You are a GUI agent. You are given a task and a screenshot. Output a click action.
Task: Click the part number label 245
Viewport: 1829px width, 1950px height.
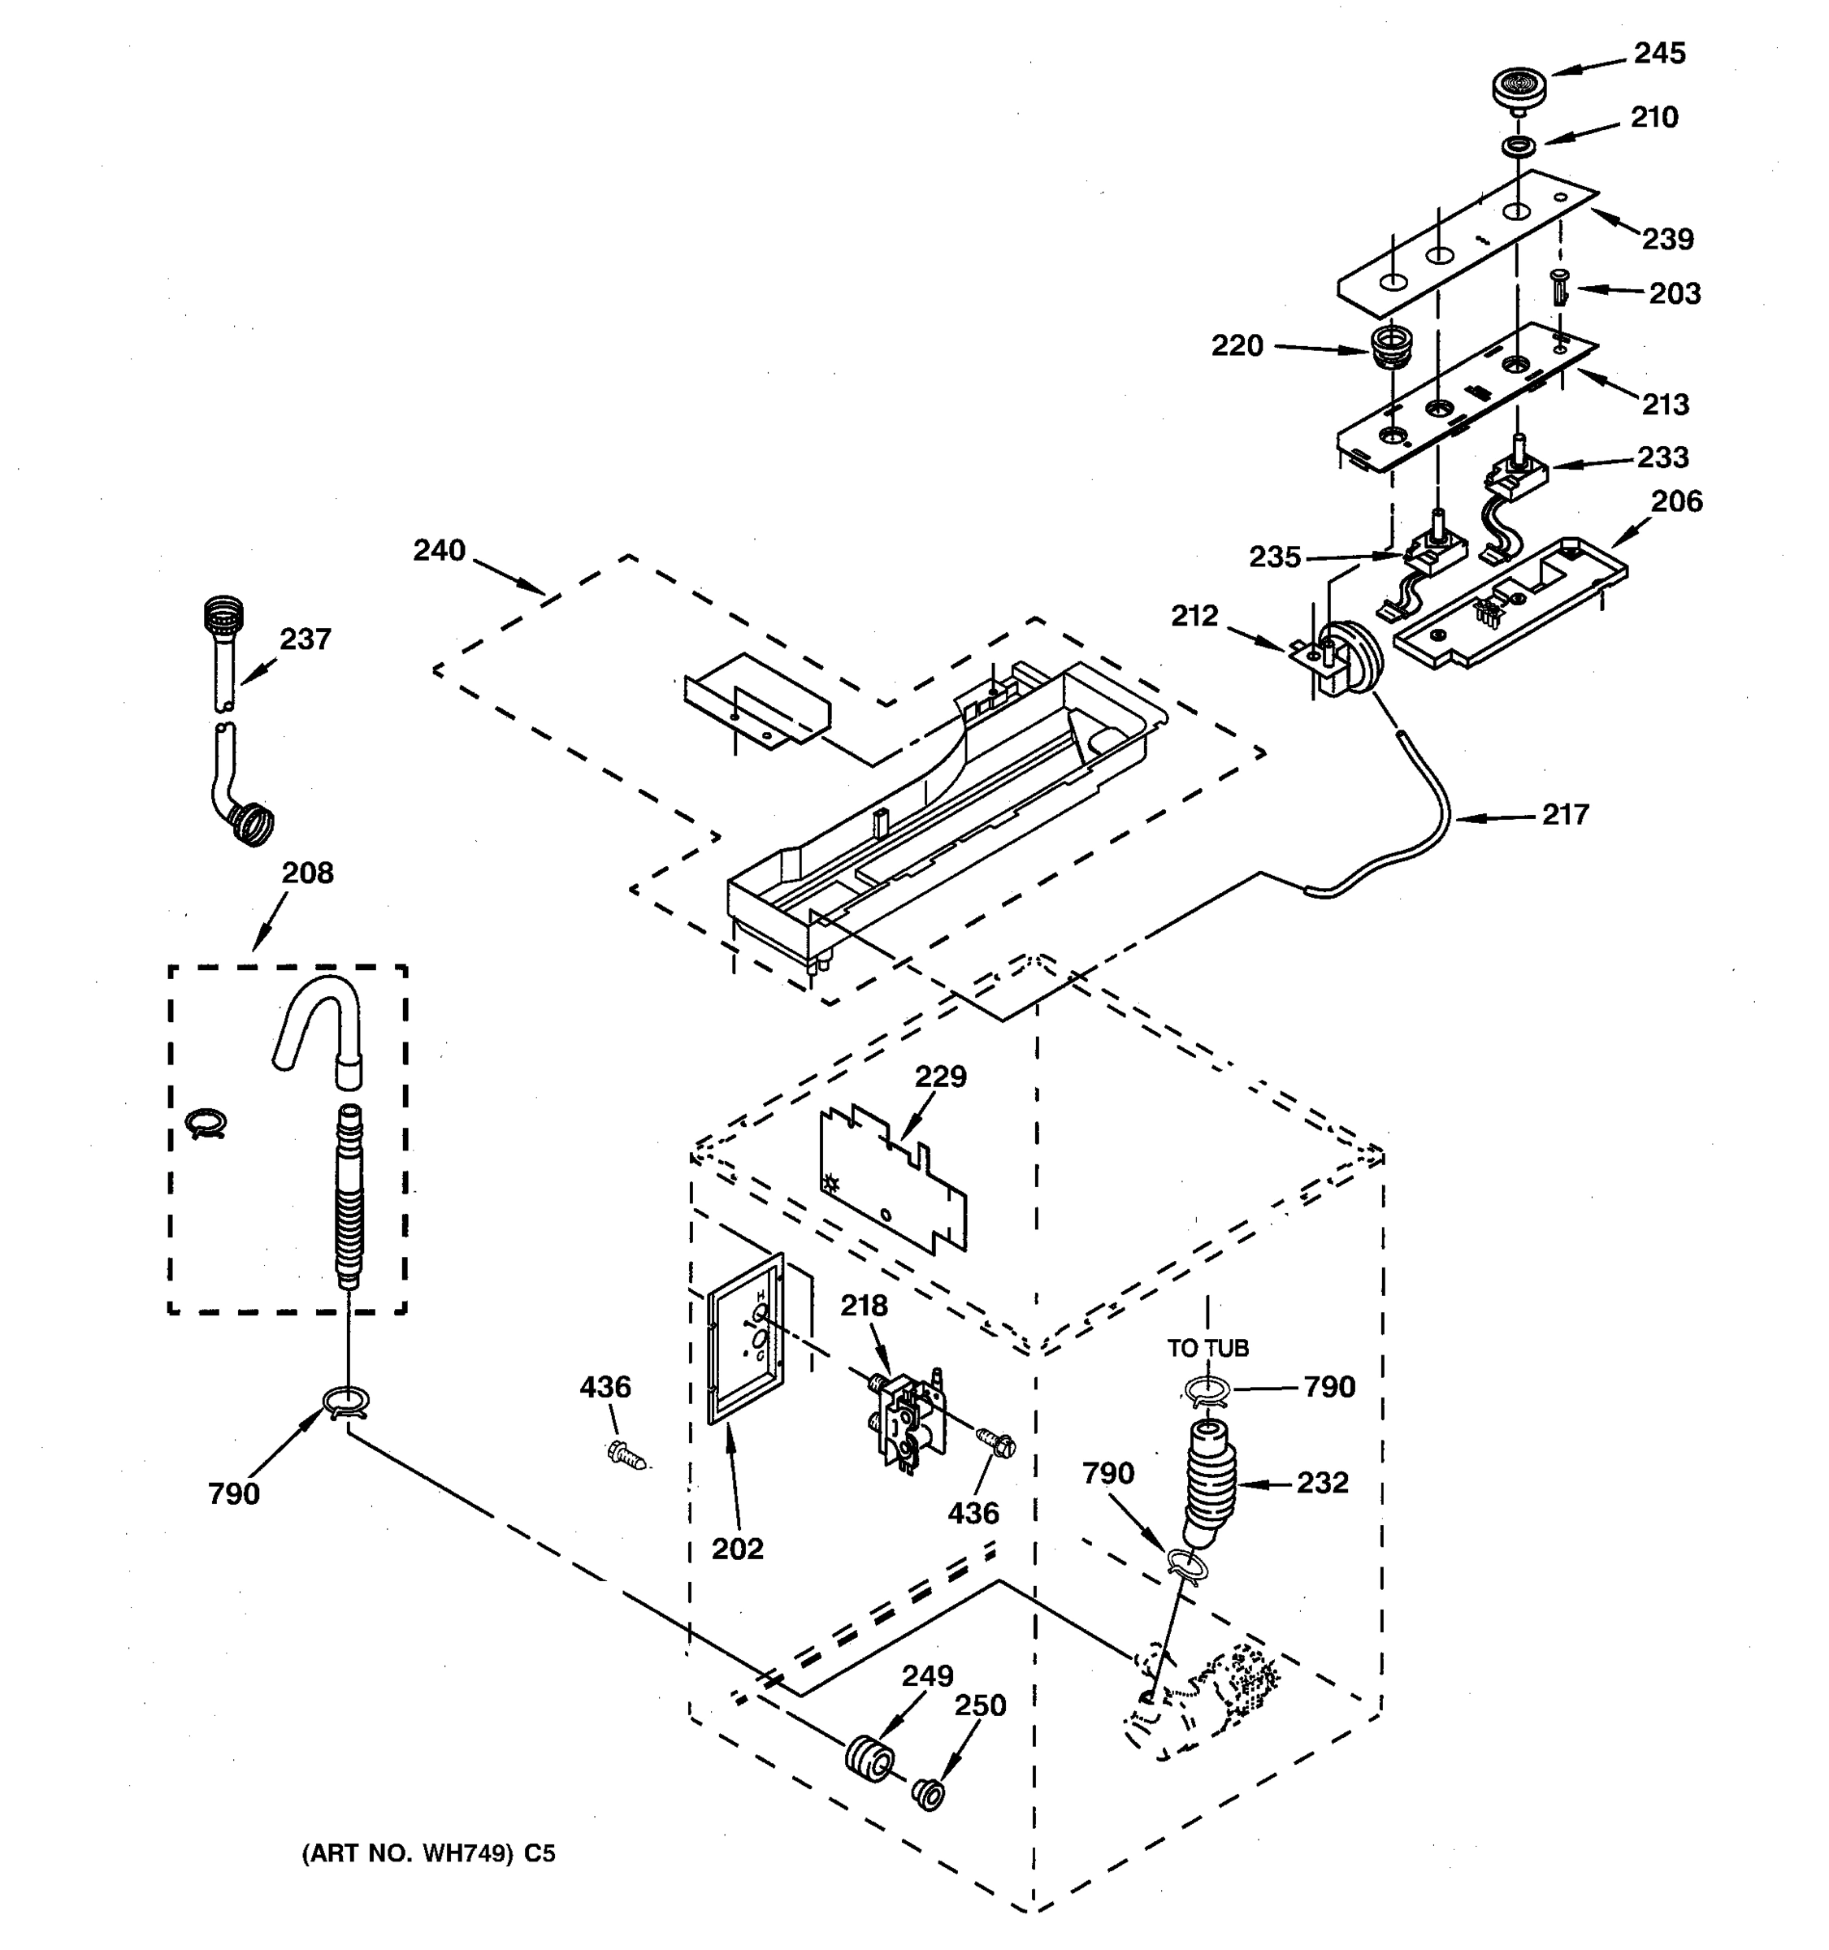pos(1658,53)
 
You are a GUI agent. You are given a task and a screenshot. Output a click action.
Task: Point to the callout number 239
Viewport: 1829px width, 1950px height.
pos(1667,238)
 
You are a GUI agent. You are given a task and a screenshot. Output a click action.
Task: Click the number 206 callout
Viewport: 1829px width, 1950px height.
pos(1676,501)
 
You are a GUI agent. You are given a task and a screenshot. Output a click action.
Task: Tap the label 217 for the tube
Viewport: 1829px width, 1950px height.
pos(1564,814)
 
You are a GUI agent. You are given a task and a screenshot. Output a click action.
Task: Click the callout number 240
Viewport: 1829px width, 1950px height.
pos(439,550)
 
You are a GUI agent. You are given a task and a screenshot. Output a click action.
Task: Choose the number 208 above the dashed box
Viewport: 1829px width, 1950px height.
pos(307,873)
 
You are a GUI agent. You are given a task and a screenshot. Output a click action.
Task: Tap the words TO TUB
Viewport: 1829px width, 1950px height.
pos(1207,1349)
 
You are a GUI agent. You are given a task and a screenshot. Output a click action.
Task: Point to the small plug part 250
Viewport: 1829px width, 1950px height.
pos(928,1794)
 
